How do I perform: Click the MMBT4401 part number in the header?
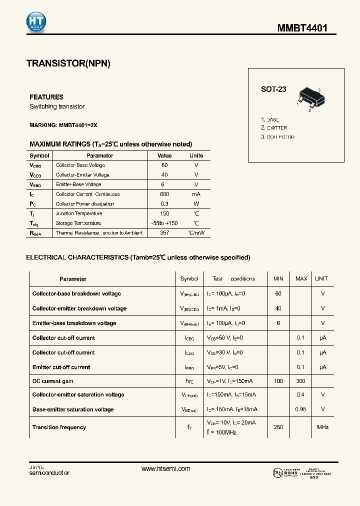[302, 28]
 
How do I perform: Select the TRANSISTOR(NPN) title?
[68, 63]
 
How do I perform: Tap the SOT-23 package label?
[273, 89]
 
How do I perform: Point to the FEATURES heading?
[46, 97]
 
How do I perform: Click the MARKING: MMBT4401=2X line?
[67, 125]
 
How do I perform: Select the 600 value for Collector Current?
[164, 194]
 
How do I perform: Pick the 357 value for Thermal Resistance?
[164, 233]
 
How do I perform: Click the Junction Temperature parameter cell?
[78, 213]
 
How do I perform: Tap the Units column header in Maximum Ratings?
[196, 155]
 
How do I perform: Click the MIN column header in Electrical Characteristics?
[278, 278]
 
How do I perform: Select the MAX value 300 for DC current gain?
[301, 381]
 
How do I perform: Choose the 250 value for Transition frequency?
[278, 427]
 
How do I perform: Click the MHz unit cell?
[322, 427]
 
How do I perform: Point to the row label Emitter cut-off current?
[61, 367]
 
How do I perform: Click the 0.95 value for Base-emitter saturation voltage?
[301, 409]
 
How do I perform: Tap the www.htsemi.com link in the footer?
[165, 468]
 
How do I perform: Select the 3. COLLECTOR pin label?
[277, 137]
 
